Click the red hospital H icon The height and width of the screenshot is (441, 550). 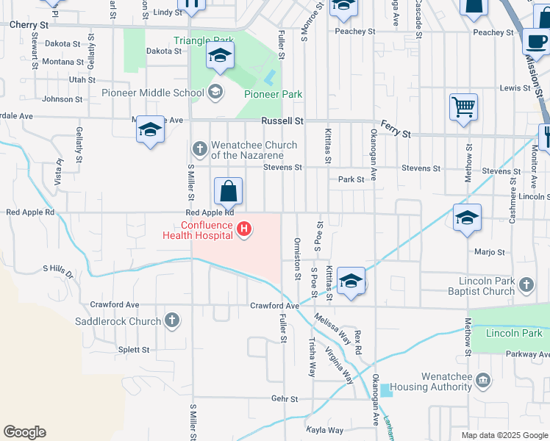(244, 231)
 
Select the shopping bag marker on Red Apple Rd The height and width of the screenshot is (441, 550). (229, 193)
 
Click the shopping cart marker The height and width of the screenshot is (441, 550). (464, 108)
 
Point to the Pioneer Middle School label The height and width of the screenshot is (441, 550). (163, 93)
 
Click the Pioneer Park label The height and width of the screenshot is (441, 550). (274, 94)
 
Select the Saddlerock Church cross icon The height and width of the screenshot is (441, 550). (171, 320)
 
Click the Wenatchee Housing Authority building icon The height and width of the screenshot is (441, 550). (483, 380)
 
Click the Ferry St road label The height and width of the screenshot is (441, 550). (395, 131)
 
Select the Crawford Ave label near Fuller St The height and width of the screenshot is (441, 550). (274, 306)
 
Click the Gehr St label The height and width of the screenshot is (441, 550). (284, 399)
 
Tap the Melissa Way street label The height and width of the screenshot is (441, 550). (333, 328)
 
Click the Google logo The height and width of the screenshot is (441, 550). (24, 432)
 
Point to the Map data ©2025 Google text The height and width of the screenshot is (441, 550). (504, 435)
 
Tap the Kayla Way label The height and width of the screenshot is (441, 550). (325, 430)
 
